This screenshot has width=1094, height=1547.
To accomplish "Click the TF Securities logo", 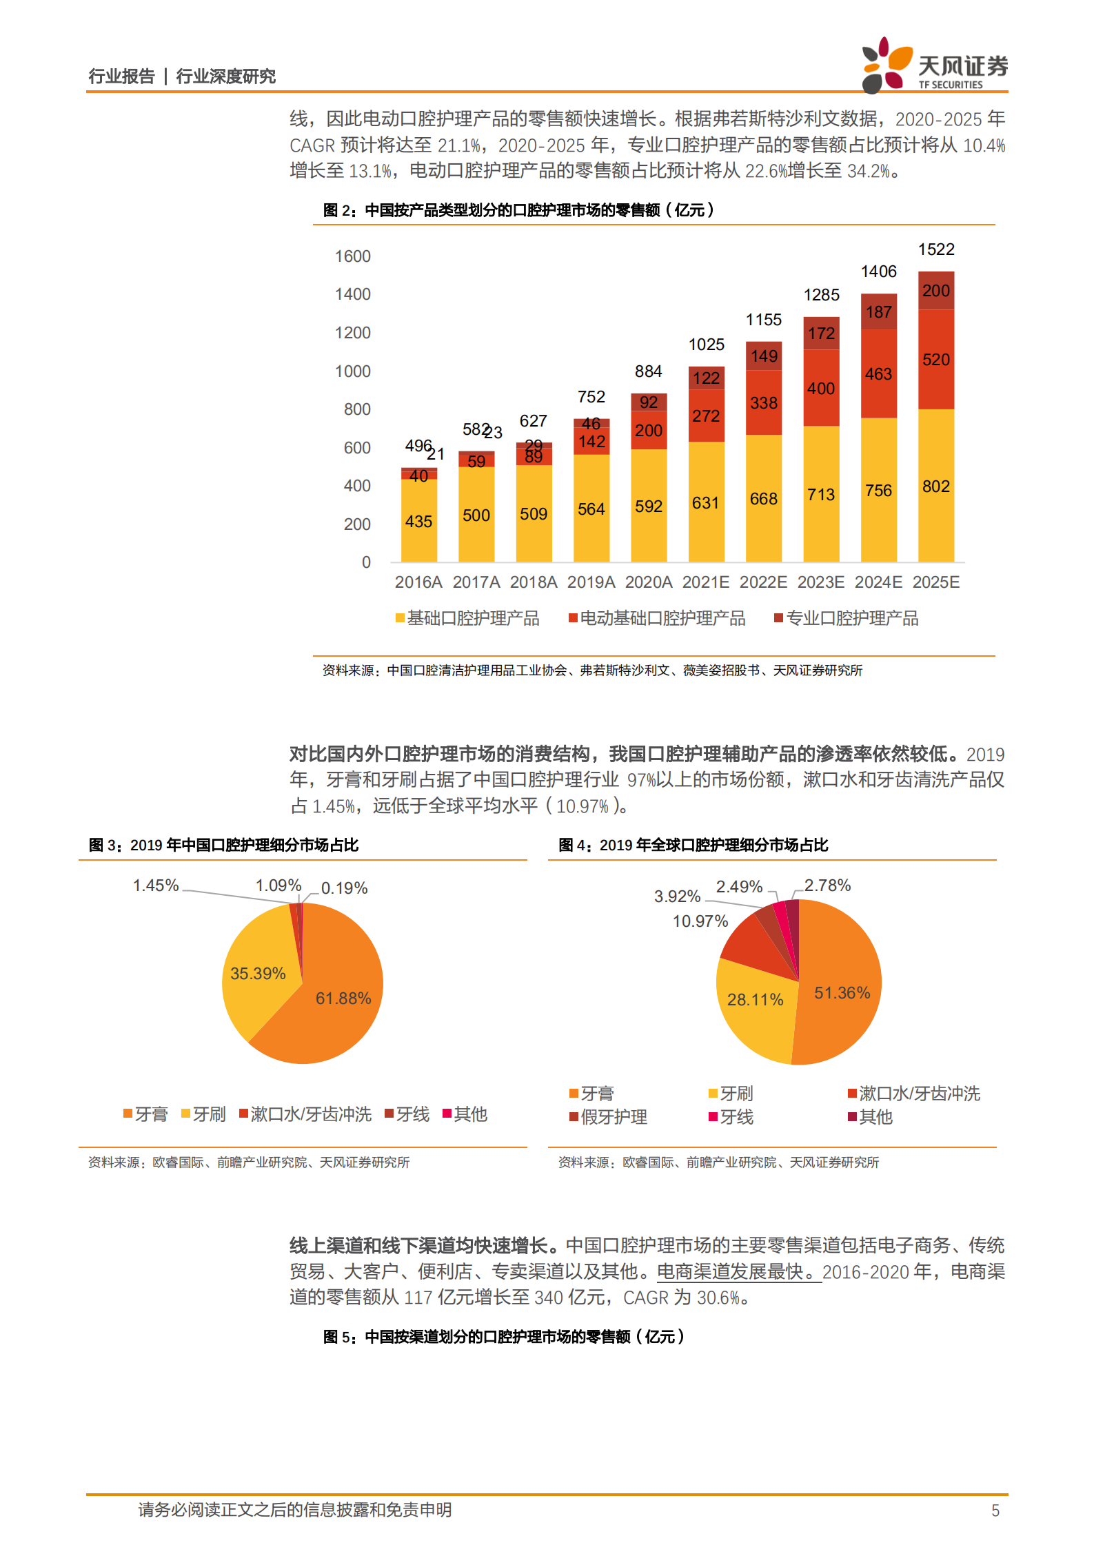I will coord(934,66).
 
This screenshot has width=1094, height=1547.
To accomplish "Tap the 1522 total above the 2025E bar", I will coord(936,249).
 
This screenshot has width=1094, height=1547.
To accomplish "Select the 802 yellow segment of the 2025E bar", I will coord(936,486).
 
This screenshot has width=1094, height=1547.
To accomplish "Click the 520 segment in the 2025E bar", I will coord(936,359).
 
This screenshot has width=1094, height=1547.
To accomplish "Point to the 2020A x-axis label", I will coord(648,582).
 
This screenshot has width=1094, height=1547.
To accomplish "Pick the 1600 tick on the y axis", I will coord(352,256).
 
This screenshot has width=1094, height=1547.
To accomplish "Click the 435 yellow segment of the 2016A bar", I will coord(418,521).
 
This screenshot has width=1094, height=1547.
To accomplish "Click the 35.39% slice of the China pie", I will coord(258,973).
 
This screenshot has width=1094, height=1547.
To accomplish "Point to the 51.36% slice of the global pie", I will coord(842,992).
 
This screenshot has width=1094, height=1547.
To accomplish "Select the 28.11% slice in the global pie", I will coord(755,999).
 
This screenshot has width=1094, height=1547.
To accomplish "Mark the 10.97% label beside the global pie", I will coord(700,921).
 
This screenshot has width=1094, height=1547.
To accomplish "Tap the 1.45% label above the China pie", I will coord(156,885).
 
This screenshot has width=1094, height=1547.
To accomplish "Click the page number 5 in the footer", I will coord(995,1510).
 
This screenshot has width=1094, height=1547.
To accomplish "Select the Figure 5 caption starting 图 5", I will coord(503,1337).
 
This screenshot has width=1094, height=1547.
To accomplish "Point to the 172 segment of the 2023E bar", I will coord(821,334).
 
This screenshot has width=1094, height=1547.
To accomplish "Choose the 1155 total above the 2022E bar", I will coord(764,320).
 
